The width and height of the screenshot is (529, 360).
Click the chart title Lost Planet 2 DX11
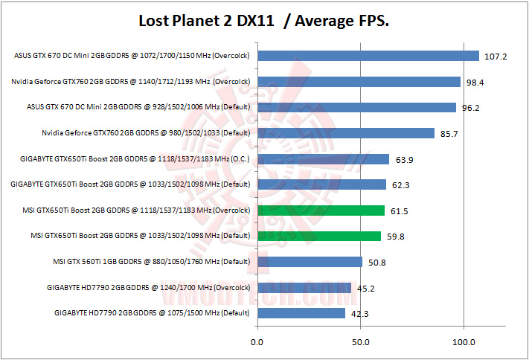[x=265, y=21]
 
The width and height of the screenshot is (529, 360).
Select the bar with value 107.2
[x=368, y=56]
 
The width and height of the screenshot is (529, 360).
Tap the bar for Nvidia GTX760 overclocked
[x=359, y=82]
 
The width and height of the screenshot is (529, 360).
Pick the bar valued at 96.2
[x=356, y=107]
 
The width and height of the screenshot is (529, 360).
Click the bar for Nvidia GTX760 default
[x=346, y=133]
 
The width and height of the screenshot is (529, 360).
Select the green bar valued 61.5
[x=321, y=210]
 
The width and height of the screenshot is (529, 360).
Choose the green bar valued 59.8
[x=319, y=237]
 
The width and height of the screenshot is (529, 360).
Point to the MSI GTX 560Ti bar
[x=310, y=262]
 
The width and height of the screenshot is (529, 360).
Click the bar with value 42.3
[x=301, y=313]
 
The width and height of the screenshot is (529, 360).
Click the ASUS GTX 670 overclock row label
[x=132, y=56]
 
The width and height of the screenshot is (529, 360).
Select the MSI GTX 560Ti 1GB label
[x=151, y=262]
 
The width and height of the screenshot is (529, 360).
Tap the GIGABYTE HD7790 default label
[x=152, y=313]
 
